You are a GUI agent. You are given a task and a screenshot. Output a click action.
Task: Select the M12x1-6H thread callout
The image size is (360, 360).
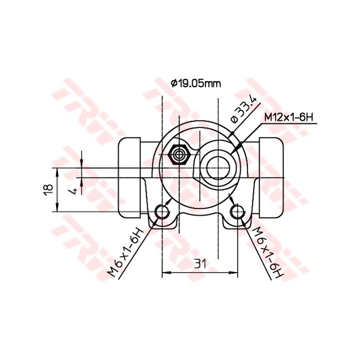point(289,117)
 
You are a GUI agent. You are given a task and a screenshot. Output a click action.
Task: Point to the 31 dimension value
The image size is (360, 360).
point(200,264)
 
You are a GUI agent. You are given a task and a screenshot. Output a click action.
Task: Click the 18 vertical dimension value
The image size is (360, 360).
point(47,189)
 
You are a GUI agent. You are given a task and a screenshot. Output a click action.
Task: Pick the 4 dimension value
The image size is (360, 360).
point(75,190)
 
